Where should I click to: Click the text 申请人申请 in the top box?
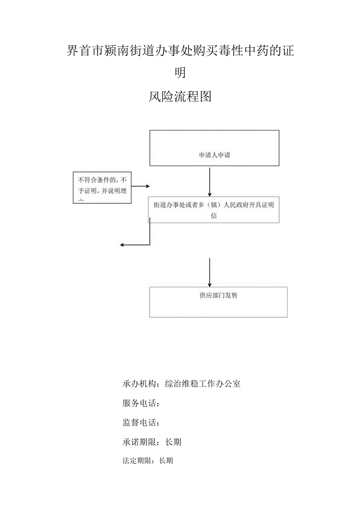pyautogui.click(x=214, y=155)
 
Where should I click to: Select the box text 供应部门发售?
pyautogui.click(x=218, y=295)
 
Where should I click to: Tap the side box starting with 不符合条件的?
pyautogui.click(x=102, y=187)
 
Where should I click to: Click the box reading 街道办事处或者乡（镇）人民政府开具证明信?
pyautogui.click(x=214, y=210)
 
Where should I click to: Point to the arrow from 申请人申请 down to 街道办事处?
pyautogui.click(x=210, y=182)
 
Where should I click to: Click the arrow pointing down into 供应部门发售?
pyautogui.click(x=210, y=272)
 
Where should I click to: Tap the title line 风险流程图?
pyautogui.click(x=180, y=96)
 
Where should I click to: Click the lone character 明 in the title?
pyautogui.click(x=180, y=73)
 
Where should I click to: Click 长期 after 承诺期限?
pyautogui.click(x=173, y=442)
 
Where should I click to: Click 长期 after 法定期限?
pyautogui.click(x=166, y=461)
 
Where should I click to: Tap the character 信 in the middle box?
pyautogui.click(x=214, y=216)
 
